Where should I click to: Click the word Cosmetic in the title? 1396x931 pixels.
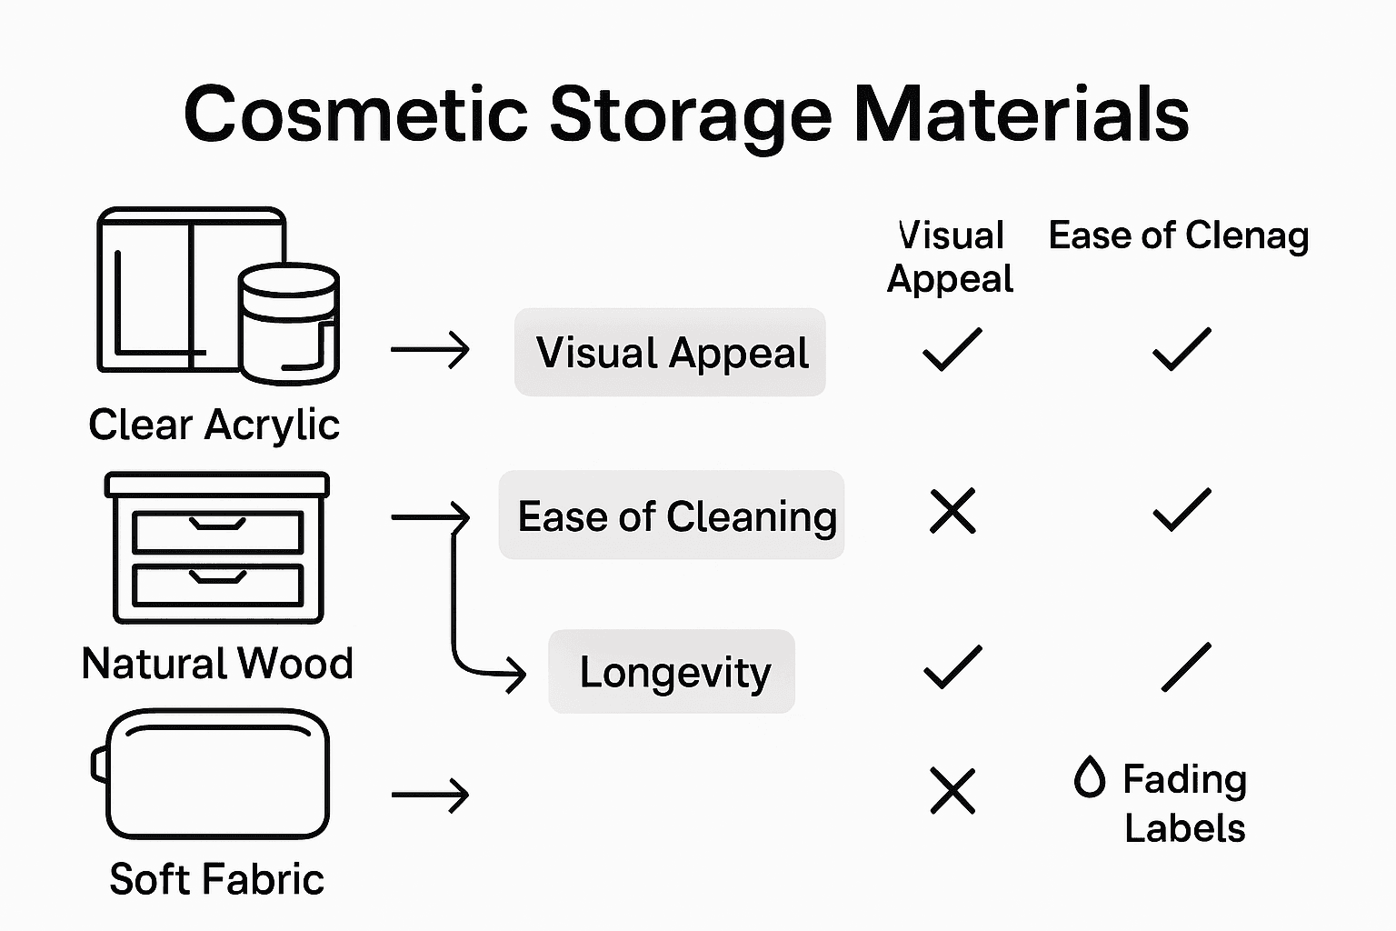(x=355, y=115)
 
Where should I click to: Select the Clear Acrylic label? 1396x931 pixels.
(x=214, y=425)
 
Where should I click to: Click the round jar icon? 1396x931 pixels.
(x=289, y=324)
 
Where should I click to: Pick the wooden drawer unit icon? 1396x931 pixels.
(x=217, y=547)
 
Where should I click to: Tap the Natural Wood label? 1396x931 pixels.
(x=217, y=664)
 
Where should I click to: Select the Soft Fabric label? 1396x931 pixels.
(x=216, y=879)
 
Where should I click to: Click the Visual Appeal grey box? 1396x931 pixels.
(x=670, y=352)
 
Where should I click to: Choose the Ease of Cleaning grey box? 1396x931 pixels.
(x=672, y=516)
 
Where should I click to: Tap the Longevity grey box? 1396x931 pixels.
(x=672, y=672)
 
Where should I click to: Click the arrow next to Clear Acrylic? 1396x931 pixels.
(x=430, y=350)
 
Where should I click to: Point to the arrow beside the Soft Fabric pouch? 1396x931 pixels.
(x=430, y=795)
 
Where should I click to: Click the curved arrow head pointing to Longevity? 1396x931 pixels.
(x=514, y=674)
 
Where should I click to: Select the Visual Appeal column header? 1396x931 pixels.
(x=950, y=256)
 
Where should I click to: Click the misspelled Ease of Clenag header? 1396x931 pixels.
(x=1178, y=235)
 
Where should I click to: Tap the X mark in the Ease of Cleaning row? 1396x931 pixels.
(x=952, y=511)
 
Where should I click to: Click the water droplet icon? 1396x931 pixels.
(x=1089, y=777)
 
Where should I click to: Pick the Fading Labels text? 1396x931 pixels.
(x=1184, y=803)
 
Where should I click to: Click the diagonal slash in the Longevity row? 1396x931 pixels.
(x=1186, y=667)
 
